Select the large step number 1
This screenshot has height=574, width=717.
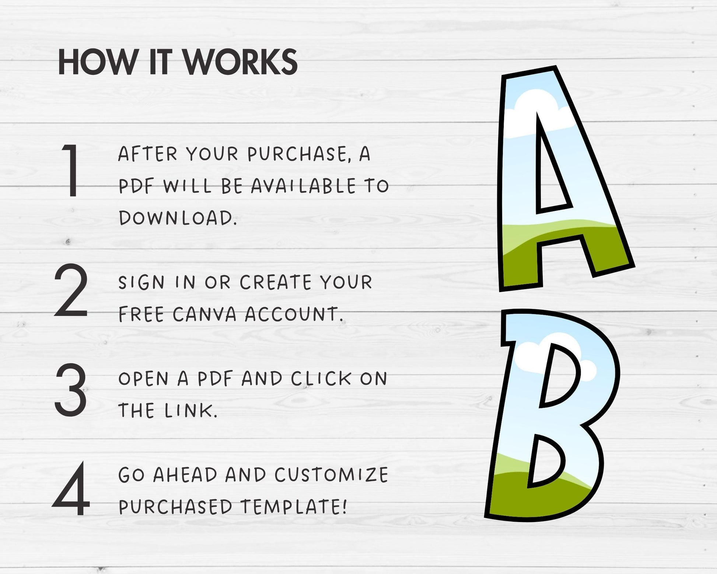click(71, 170)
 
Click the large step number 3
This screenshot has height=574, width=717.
click(71, 390)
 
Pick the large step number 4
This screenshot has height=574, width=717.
click(71, 489)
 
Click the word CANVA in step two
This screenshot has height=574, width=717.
click(204, 314)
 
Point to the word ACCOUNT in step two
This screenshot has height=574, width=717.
click(293, 314)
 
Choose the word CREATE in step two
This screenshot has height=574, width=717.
click(275, 282)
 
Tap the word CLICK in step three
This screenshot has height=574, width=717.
click(321, 378)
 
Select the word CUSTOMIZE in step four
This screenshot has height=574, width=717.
click(331, 474)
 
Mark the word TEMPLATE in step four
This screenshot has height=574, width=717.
click(293, 507)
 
